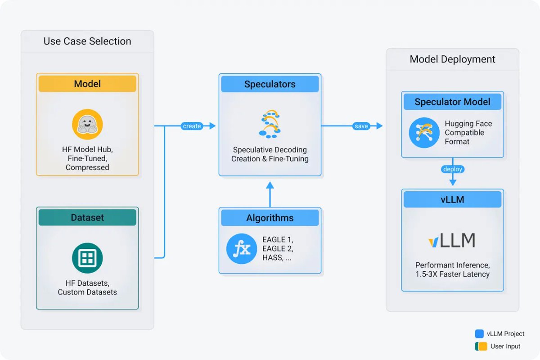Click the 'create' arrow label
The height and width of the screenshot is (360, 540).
pyautogui.click(x=192, y=126)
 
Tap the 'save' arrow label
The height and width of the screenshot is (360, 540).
pyautogui.click(x=361, y=126)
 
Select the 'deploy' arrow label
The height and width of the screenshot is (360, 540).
pyautogui.click(x=452, y=169)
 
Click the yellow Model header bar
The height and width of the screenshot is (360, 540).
pyautogui.click(x=87, y=84)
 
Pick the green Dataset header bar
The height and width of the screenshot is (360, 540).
pyautogui.click(x=87, y=217)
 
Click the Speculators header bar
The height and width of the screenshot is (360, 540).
pyautogui.click(x=270, y=84)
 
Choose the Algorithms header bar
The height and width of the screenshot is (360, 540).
pyautogui.click(x=270, y=218)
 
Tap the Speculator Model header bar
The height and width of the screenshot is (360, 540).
pyautogui.click(x=452, y=102)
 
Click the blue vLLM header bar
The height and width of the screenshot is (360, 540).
pyautogui.click(x=452, y=199)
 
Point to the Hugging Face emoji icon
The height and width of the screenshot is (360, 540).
pyautogui.click(x=87, y=124)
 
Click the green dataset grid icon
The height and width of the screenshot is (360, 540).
pyautogui.click(x=87, y=258)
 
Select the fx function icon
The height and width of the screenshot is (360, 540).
pyautogui.click(x=242, y=249)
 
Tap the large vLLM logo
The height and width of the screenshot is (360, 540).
pyautogui.click(x=452, y=241)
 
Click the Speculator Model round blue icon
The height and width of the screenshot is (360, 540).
pyautogui.click(x=424, y=133)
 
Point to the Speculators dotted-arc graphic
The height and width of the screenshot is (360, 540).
pyautogui.click(x=270, y=123)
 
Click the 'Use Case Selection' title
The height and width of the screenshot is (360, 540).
pyautogui.click(x=87, y=41)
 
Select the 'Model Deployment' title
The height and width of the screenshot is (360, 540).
pyautogui.click(x=452, y=59)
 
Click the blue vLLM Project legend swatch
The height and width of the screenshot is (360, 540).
pyautogui.click(x=479, y=334)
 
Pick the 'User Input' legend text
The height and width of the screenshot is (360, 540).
pyautogui.click(x=505, y=346)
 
